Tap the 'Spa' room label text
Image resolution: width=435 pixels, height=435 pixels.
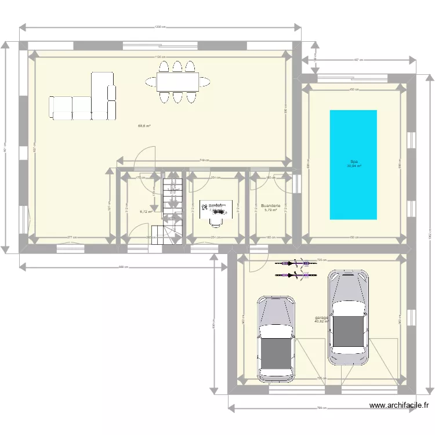pyautogui.click(x=353, y=162)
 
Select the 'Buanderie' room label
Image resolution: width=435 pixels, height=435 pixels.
pyautogui.click(x=271, y=205)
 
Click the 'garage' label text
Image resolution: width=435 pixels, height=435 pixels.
pyautogui.click(x=321, y=318)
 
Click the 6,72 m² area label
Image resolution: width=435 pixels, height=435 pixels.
pyautogui.click(x=146, y=212)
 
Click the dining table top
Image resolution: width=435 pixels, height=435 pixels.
pyautogui.click(x=177, y=82)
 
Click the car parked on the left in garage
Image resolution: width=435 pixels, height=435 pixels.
pyautogui.click(x=276, y=339)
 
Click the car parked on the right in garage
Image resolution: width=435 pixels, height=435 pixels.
pyautogui.click(x=348, y=317)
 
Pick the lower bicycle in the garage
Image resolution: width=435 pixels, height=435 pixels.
pyautogui.click(x=296, y=275)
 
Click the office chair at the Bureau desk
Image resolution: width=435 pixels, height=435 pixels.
pyautogui.click(x=217, y=219)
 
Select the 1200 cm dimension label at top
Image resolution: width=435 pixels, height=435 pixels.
pyautogui.click(x=161, y=27)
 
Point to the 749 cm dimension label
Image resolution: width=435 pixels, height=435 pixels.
pyautogui.click(x=204, y=160)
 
